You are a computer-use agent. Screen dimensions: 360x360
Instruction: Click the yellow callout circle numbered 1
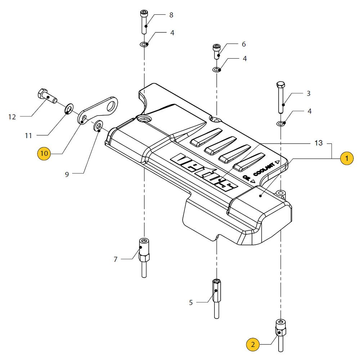[x=347, y=158]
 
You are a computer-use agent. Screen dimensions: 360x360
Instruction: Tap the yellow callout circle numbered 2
[x=253, y=345]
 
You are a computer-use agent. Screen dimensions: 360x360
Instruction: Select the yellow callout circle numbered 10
[x=44, y=153]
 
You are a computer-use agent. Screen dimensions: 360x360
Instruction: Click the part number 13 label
[x=318, y=143]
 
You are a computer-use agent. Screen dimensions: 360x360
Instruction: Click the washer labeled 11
[x=68, y=109]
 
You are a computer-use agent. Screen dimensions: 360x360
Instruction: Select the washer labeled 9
[x=98, y=127]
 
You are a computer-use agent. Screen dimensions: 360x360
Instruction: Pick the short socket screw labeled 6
[x=217, y=51]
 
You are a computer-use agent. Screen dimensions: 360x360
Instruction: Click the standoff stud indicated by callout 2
[x=280, y=333]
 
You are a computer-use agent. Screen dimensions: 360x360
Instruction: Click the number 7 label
[x=116, y=259]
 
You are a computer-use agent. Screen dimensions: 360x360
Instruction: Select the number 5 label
[x=191, y=303]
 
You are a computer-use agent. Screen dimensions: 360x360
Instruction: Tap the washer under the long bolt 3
[x=280, y=124]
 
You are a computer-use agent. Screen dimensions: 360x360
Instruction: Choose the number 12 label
[x=12, y=117]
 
